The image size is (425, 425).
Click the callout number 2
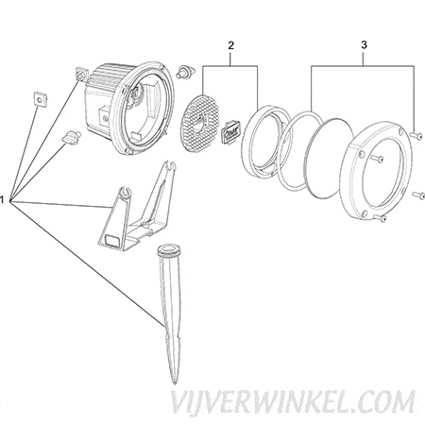click(x=230, y=45)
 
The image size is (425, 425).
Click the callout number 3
click(x=364, y=45)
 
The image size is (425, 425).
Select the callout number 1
click(x=2, y=199)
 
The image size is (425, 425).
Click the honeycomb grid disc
click(x=199, y=124)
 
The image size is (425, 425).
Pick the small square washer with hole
click(x=39, y=99)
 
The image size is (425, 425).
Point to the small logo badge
click(x=230, y=130)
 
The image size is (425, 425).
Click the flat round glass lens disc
click(x=330, y=159)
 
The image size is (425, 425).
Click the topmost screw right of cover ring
click(x=416, y=135)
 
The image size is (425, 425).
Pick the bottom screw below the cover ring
click(x=381, y=217)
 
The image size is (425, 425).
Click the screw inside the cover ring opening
click(x=377, y=158)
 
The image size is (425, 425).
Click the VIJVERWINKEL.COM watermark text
click(x=293, y=402)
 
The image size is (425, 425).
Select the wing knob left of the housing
click(x=72, y=137)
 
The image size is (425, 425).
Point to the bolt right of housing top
click(x=186, y=72)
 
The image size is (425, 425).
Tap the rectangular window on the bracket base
click(x=112, y=241)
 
